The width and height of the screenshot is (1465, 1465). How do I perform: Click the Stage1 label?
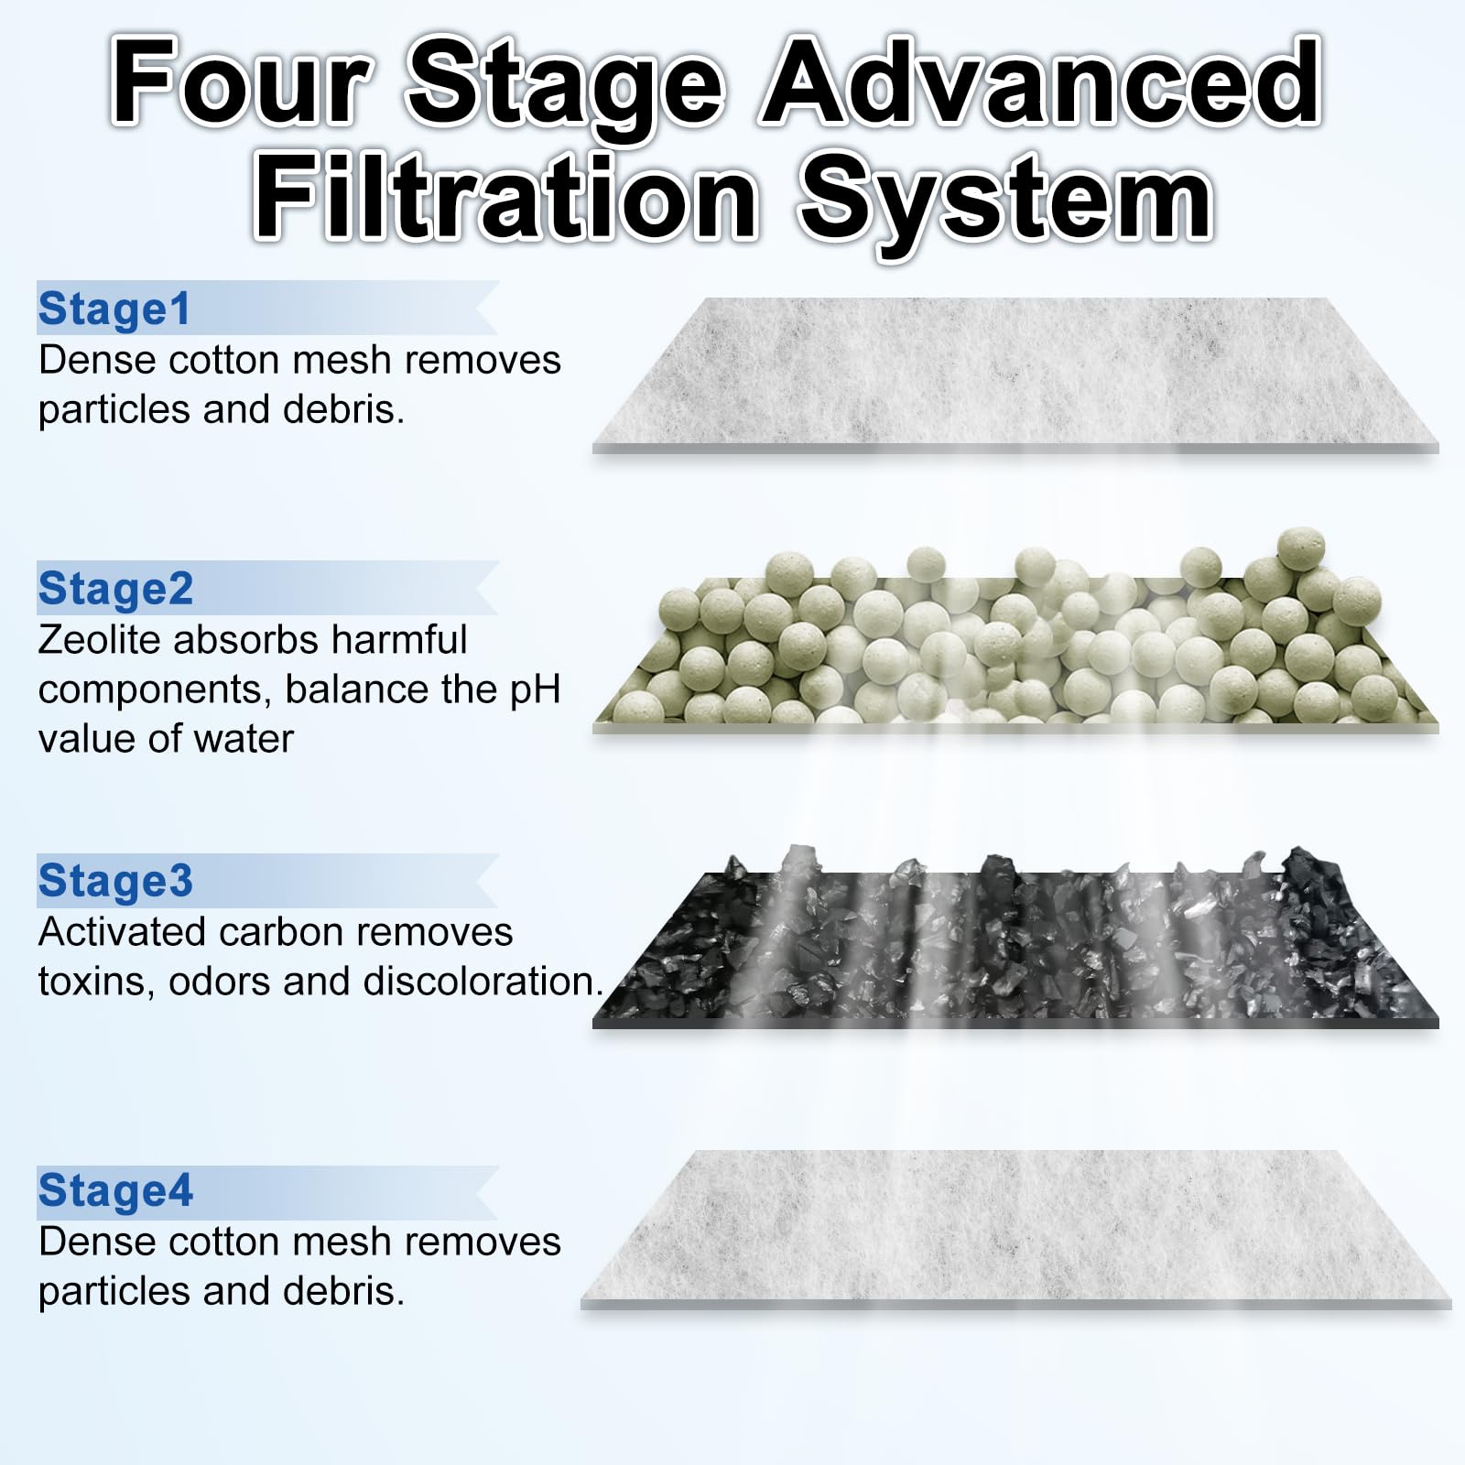[x=114, y=309]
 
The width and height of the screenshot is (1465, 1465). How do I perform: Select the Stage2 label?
[x=115, y=589]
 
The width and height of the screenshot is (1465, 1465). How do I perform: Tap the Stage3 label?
[x=115, y=881]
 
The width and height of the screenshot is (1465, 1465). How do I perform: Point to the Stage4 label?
[x=115, y=1191]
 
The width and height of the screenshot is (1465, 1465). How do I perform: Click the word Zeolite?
[x=100, y=640]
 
